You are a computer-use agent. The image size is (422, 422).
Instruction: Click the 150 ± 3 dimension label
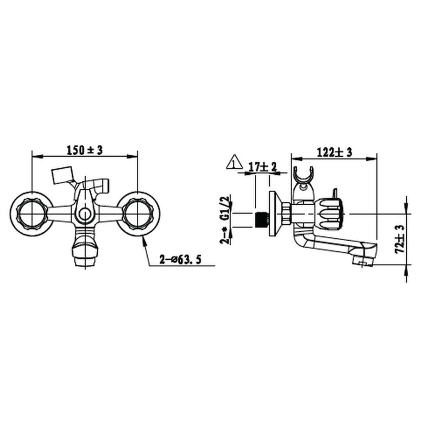coord(85,150)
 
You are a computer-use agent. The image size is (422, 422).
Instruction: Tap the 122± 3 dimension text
coord(334,153)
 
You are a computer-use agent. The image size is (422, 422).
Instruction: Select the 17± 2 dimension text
coord(263,167)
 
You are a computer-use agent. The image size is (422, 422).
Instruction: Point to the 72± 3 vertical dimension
coord(400,239)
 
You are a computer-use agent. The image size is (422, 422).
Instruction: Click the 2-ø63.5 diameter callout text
coord(180,260)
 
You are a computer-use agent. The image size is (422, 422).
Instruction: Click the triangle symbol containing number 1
coord(235,162)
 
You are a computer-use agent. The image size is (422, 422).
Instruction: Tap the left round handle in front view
coord(32,214)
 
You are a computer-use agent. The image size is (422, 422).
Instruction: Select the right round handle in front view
coord(138,214)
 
